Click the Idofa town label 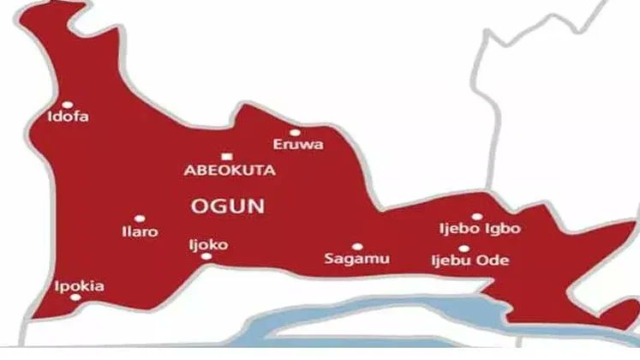(69, 117)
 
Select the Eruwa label (298, 145)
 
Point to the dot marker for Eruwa (295, 133)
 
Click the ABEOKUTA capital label (230, 170)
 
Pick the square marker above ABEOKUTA (226, 156)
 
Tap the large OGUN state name (226, 206)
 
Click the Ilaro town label (141, 231)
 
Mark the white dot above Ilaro (139, 219)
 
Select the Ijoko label (208, 244)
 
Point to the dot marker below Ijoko (206, 256)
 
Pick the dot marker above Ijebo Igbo (477, 217)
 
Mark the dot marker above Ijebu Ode (464, 249)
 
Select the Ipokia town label (79, 286)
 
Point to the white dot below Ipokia (75, 297)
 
